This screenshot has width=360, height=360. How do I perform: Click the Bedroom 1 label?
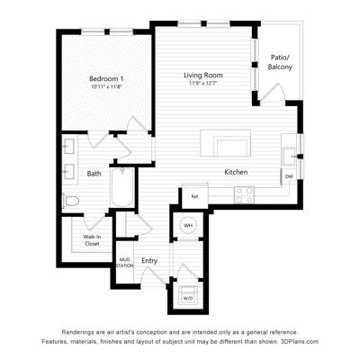(x=106, y=79)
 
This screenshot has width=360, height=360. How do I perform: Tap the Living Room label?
(x=203, y=75)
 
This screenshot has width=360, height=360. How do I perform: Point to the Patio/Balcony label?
(x=280, y=62)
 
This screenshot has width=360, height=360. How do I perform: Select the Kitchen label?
(x=236, y=172)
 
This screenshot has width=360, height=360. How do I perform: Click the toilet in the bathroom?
(x=71, y=201)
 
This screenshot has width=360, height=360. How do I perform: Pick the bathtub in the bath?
(x=122, y=187)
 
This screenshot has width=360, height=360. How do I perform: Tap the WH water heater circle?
(x=188, y=225)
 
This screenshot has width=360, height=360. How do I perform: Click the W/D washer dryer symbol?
(x=188, y=295)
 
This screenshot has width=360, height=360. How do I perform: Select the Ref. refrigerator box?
(x=195, y=196)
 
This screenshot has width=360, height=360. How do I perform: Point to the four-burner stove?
(x=244, y=195)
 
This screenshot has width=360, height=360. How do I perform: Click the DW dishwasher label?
(x=289, y=176)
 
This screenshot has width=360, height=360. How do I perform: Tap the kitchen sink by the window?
(x=290, y=157)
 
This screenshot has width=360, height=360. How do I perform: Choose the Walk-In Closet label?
(x=92, y=240)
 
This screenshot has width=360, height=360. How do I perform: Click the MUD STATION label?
(x=124, y=263)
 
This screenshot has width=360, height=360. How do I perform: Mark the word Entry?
(x=149, y=261)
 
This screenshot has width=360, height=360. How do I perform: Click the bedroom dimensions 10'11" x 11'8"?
(x=107, y=86)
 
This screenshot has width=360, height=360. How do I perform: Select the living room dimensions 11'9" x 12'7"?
(x=203, y=83)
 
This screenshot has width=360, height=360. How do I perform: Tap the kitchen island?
(x=226, y=143)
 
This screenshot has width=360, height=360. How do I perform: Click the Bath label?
(x=94, y=174)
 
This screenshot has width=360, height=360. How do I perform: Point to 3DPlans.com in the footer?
(x=299, y=341)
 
